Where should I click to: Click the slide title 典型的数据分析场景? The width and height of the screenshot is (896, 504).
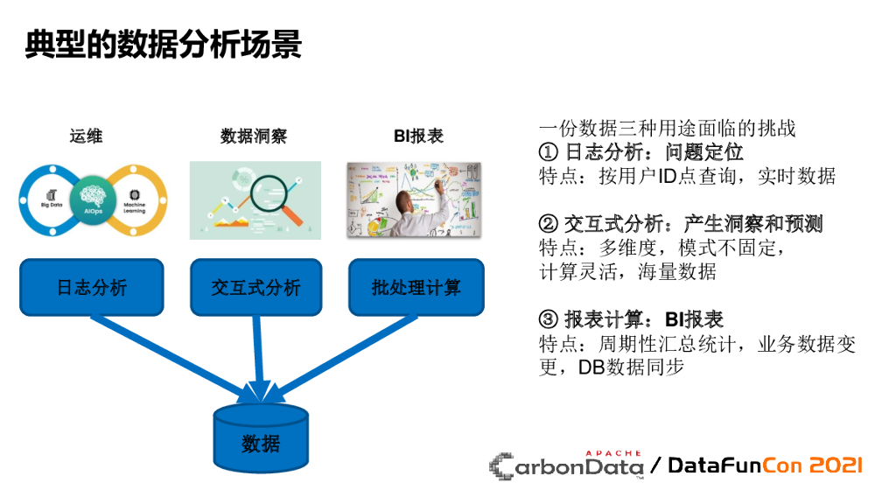click(x=163, y=44)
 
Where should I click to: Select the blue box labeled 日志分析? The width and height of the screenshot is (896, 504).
click(x=92, y=287)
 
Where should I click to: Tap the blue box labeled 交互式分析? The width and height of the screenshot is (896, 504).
click(x=255, y=287)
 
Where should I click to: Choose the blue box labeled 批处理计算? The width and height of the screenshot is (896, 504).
click(x=416, y=287)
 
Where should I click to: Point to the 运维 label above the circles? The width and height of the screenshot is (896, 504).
click(x=86, y=136)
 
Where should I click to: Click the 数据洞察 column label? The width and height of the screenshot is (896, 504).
click(x=254, y=136)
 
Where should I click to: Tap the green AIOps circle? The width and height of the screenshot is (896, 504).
click(x=92, y=199)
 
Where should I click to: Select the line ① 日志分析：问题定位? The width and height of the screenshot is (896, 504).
click(x=640, y=152)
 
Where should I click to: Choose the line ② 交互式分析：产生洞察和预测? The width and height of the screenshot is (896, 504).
click(x=681, y=225)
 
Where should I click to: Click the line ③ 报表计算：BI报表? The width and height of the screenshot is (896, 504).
click(x=631, y=320)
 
